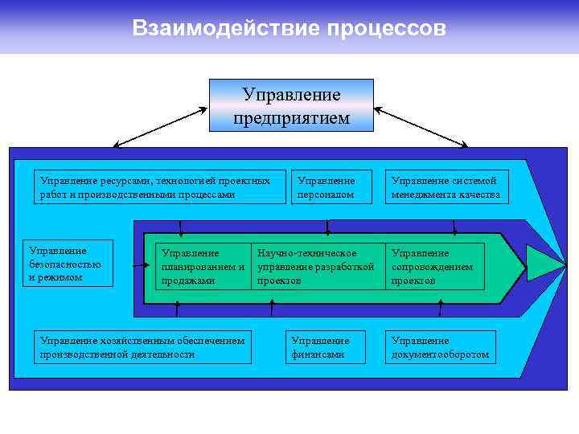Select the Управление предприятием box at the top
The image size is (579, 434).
point(291,105)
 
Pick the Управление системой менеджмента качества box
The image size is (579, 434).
point(446,187)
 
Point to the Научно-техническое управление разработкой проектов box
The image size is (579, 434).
point(316,267)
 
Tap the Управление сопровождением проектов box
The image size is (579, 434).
point(435,267)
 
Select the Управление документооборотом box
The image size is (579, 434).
point(440,347)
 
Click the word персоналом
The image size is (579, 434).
point(326,194)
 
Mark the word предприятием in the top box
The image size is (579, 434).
point(291,118)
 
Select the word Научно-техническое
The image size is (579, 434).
point(306,253)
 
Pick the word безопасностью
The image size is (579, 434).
point(64,264)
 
